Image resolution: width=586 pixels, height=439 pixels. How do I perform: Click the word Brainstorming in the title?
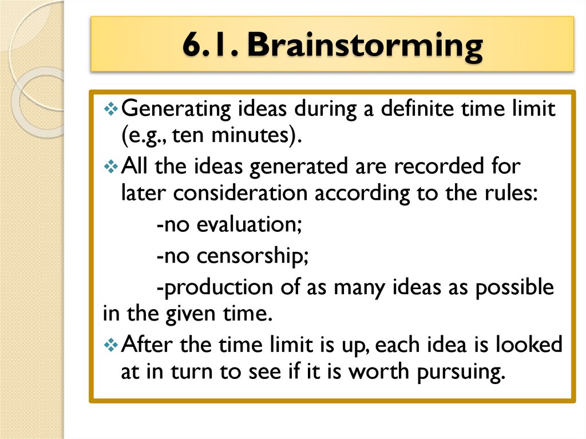pos(365,46)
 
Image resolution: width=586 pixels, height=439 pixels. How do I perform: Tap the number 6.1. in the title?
pos(211,46)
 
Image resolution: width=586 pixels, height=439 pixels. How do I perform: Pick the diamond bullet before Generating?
pos(112,109)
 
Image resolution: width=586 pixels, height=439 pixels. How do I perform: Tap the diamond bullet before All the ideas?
pos(112,167)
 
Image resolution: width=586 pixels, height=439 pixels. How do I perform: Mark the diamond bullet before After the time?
pos(112,345)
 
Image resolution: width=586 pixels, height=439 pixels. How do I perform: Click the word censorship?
pos(252,255)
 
